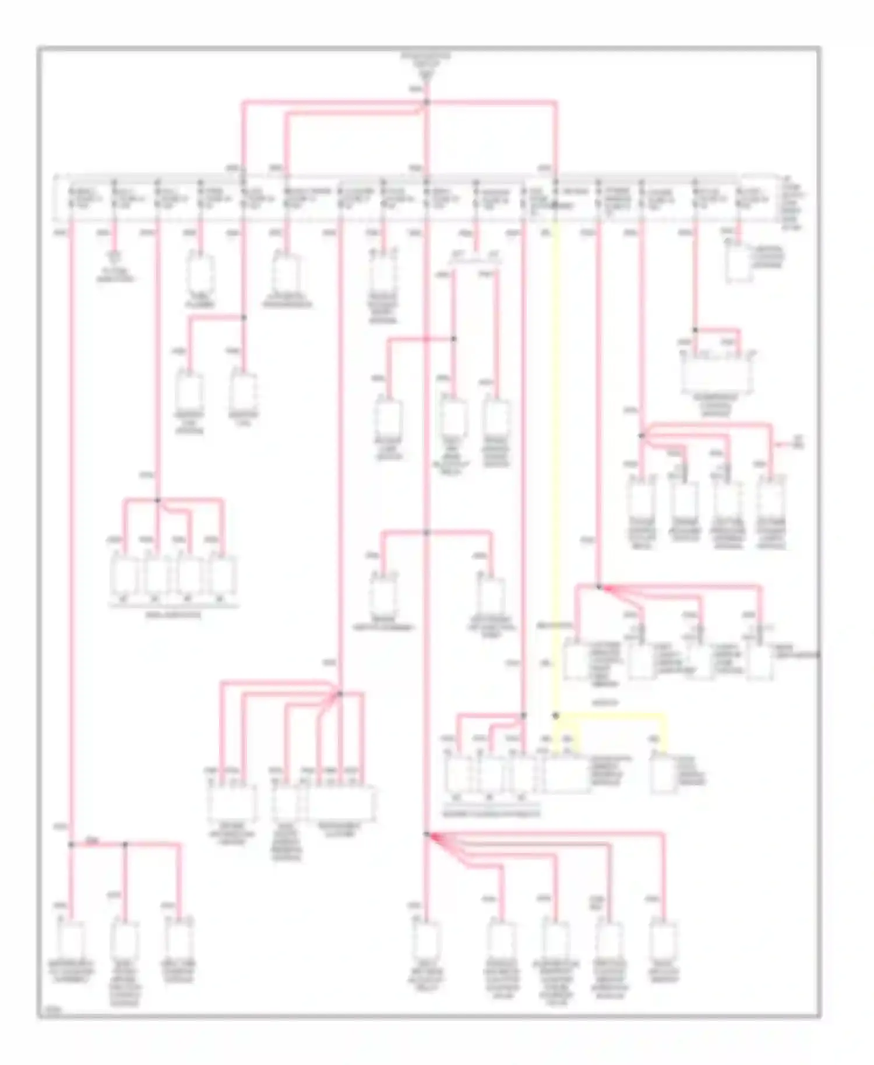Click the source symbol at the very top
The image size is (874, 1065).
pyautogui.click(x=426, y=66)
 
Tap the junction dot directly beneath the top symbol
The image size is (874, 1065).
pyautogui.click(x=427, y=103)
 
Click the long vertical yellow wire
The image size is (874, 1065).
pyautogui.click(x=555, y=466)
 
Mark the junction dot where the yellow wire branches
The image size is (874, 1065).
pyautogui.click(x=555, y=715)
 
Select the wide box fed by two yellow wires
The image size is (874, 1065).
pyautogui.click(x=566, y=775)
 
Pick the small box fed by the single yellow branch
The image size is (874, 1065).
pyautogui.click(x=662, y=776)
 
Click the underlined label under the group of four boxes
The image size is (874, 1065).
pyautogui.click(x=173, y=615)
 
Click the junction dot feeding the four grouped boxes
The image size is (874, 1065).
pyautogui.click(x=157, y=500)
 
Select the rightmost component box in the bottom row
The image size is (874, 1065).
pyautogui.click(x=664, y=939)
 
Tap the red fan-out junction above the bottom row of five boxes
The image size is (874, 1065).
pyautogui.click(x=427, y=835)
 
